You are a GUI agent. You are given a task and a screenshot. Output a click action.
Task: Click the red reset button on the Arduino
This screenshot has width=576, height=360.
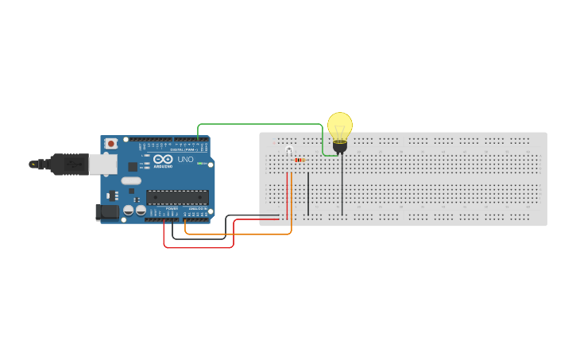110,144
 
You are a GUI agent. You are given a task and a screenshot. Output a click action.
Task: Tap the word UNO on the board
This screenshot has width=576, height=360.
185,160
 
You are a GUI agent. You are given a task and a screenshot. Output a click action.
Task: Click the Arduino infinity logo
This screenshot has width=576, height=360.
164,159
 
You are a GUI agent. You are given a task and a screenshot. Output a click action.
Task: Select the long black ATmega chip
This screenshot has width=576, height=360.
176,197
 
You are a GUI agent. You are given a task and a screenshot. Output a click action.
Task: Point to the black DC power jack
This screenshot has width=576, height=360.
107,212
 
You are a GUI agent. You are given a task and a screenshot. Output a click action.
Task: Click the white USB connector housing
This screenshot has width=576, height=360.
102,164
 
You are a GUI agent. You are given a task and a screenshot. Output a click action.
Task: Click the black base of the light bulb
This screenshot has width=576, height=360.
340,146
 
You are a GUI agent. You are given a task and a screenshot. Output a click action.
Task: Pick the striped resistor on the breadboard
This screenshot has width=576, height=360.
300,160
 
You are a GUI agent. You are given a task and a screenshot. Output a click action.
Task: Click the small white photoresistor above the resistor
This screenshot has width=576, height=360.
289,149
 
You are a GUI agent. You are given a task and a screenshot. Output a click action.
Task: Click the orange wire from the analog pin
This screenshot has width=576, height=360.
238,234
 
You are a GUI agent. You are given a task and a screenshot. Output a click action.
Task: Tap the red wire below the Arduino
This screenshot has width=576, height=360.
199,247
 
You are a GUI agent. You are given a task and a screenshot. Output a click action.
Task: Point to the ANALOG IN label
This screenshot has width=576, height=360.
196,208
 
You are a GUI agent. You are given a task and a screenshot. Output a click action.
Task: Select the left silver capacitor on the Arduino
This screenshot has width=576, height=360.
128,211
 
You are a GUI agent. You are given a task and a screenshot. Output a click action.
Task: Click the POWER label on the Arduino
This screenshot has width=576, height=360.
172,208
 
